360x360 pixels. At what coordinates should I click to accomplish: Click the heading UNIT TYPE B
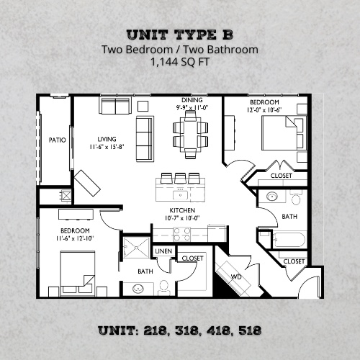(180, 35)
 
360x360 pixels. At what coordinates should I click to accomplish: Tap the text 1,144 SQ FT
(180, 63)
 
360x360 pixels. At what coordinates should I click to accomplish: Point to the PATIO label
(57, 140)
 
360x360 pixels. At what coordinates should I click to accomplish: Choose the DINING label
(192, 100)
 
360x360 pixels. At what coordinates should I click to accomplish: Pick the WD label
(235, 276)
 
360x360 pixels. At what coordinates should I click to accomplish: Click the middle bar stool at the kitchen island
(180, 178)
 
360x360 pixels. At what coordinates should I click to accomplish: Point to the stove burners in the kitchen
(181, 233)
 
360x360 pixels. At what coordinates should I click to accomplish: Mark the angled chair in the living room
(86, 182)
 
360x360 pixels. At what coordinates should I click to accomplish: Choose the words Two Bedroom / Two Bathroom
(180, 50)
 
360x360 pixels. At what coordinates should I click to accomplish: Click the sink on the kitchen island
(180, 194)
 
